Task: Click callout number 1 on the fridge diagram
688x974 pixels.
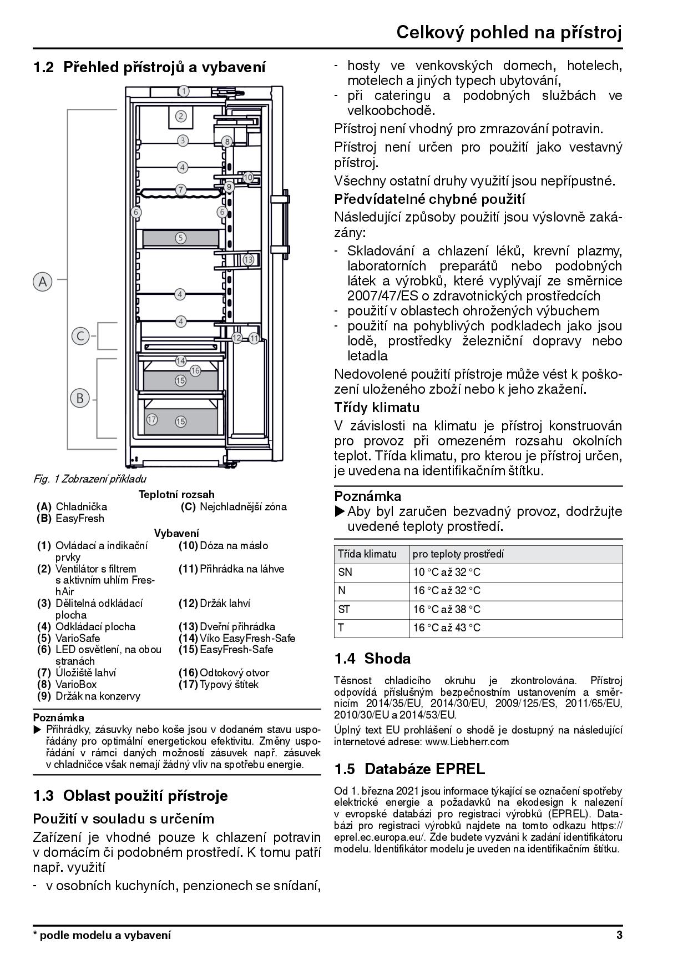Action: [184, 91]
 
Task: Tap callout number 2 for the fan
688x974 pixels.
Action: [181, 117]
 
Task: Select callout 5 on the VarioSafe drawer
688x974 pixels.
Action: [181, 238]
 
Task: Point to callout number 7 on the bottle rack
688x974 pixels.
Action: [181, 189]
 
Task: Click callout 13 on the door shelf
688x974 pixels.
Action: [248, 259]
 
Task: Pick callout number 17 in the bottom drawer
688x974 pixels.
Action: [151, 419]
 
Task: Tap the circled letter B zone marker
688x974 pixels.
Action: [80, 398]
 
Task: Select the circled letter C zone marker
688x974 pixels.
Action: [80, 336]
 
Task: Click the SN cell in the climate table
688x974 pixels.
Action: [345, 573]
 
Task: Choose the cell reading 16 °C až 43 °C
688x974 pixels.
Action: [447, 628]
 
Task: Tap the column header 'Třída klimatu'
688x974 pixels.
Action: [367, 554]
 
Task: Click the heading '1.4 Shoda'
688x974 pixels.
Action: [372, 659]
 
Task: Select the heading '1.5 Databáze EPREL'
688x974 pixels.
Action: [409, 769]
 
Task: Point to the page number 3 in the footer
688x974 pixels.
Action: [619, 935]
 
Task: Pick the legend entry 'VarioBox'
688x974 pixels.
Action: [76, 685]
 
